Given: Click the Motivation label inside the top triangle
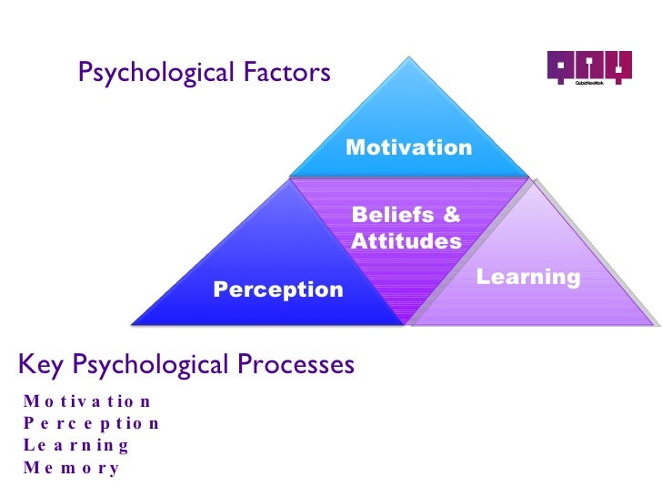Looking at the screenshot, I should (x=408, y=147).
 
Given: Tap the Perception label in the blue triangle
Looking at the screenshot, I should (x=278, y=289).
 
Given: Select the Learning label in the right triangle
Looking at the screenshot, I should (x=528, y=277).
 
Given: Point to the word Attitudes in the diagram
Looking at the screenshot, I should (x=406, y=241).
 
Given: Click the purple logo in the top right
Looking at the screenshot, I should (x=588, y=67).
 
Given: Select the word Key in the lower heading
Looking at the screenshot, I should (x=39, y=365).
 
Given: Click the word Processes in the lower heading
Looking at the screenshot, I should (x=297, y=365).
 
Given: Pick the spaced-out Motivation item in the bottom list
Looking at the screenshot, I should (x=89, y=401).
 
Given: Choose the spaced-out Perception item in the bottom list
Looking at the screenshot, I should (x=92, y=423).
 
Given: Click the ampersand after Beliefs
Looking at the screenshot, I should (x=451, y=216).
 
